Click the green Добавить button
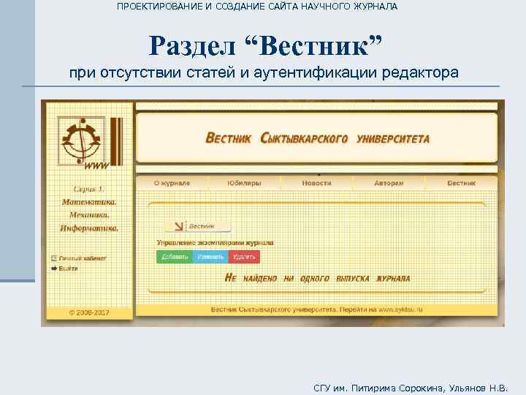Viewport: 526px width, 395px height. pos(175,257)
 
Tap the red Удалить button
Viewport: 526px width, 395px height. pos(245,257)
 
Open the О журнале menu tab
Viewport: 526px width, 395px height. pos(172,183)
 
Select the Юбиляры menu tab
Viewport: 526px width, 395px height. pos(243,183)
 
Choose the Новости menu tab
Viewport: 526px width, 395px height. pos(316,183)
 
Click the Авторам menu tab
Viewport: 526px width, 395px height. pos(389,183)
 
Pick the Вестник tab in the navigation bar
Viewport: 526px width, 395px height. pos(462,183)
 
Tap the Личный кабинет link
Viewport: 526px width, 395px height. pos(82,258)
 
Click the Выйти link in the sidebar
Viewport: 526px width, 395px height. pos(68,268)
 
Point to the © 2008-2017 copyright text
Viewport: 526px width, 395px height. pos(89,312)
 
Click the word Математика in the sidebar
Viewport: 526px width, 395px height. pos(89,202)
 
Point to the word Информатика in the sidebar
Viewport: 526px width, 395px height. pos(89,227)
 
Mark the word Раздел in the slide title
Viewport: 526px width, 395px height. pos(193,46)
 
